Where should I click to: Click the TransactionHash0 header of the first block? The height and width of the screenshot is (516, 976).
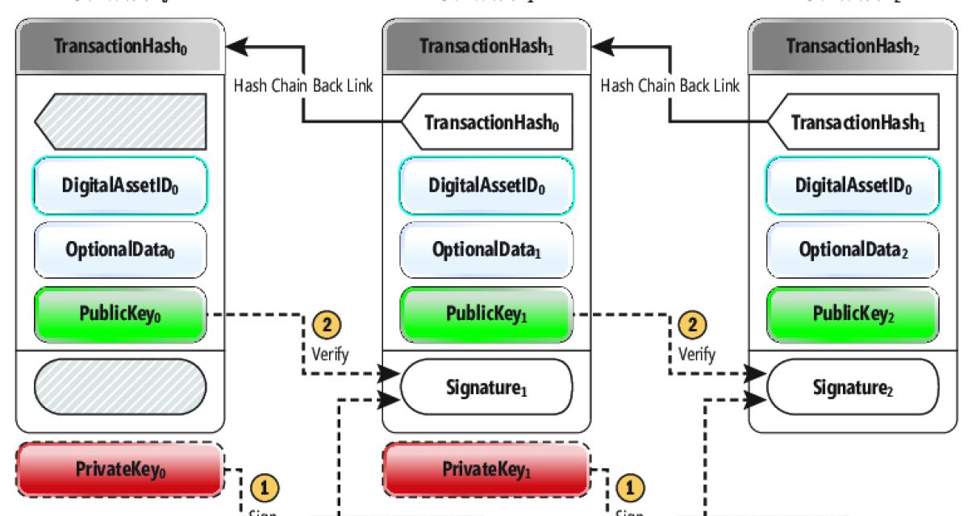119,45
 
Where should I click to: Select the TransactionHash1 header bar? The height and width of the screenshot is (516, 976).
486,45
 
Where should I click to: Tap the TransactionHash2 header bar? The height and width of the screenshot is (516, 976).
854,45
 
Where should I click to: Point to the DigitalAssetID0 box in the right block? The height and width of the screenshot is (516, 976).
854,185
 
